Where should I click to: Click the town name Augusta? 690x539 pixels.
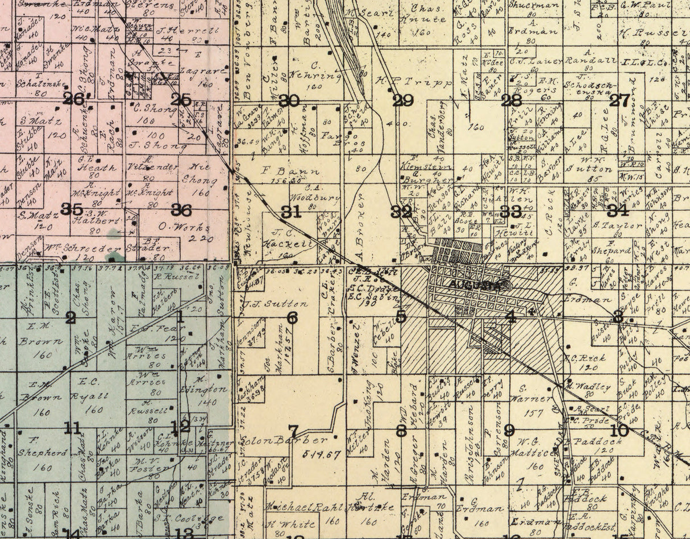coord(475,286)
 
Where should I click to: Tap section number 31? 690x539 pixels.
coord(290,212)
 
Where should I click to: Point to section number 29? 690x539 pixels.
coord(403,101)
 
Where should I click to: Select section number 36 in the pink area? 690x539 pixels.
coord(181,210)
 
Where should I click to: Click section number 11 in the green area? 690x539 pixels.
coord(72,428)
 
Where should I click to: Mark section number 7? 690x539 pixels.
coord(293,431)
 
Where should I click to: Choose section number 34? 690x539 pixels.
coord(617,210)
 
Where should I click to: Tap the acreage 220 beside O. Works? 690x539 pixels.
coord(202,239)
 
